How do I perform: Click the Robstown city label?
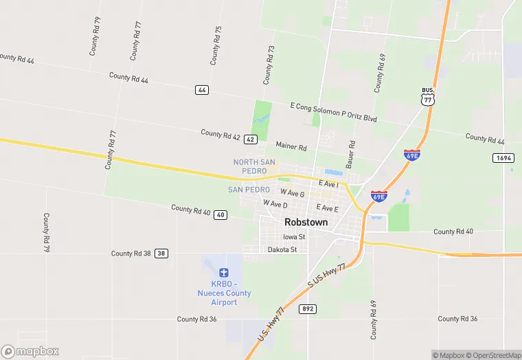tap(306, 223)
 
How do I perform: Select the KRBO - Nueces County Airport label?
tap(224, 293)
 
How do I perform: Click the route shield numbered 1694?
tap(503, 158)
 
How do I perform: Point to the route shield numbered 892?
tap(308, 309)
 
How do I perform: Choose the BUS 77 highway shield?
tap(428, 96)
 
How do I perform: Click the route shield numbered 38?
tap(161, 254)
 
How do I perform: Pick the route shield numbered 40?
tap(220, 215)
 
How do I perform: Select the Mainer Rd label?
tap(291, 146)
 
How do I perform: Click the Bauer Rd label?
tap(351, 155)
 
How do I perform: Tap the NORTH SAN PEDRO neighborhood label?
tap(254, 166)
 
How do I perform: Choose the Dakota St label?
tap(282, 249)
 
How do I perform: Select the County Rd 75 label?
tap(216, 45)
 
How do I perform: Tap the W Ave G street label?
tap(293, 194)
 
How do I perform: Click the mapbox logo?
tap(30, 351)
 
